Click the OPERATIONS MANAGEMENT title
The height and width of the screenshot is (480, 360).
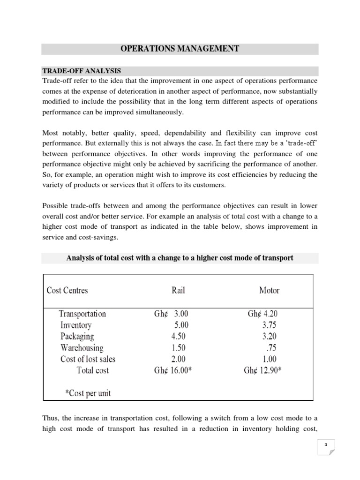point(180,49)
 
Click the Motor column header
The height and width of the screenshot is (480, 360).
point(269,290)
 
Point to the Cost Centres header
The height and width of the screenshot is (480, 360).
point(67,290)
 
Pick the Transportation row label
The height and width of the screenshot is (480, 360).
point(82,314)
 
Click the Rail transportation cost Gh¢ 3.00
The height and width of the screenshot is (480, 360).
point(171,314)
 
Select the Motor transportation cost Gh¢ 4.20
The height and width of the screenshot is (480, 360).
point(265,314)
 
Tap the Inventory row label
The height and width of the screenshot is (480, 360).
point(76,325)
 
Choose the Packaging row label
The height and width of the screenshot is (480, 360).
point(77,336)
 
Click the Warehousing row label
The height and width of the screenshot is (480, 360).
point(82,348)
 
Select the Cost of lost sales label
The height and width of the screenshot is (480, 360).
point(88,359)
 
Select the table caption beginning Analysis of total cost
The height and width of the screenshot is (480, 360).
point(180,258)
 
